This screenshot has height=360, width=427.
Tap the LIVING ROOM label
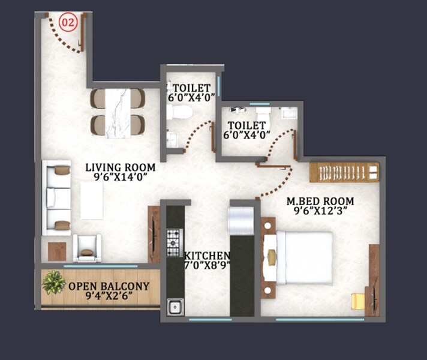pos(120,167)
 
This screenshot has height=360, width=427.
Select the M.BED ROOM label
pos(320,201)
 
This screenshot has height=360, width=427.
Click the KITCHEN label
pos(208,254)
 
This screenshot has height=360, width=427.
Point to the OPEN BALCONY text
pos(109,287)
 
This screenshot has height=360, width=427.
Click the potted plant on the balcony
pos(54,282)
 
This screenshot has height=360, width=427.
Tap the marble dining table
pos(118,112)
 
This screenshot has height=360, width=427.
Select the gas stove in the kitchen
pos(173,239)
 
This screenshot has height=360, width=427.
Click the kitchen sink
pos(175,307)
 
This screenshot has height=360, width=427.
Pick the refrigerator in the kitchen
pos(242,221)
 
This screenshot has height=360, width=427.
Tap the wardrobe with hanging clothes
pos(344,172)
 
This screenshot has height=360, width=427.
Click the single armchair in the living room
pos(86,248)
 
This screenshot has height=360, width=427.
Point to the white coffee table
pos(92,200)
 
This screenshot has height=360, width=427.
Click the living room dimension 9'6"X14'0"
pos(120,178)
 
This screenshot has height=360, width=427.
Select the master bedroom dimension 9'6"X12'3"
pos(320,211)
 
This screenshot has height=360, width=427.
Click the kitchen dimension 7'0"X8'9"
pos(208,265)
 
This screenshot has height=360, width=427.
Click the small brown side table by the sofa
pos(57,251)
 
